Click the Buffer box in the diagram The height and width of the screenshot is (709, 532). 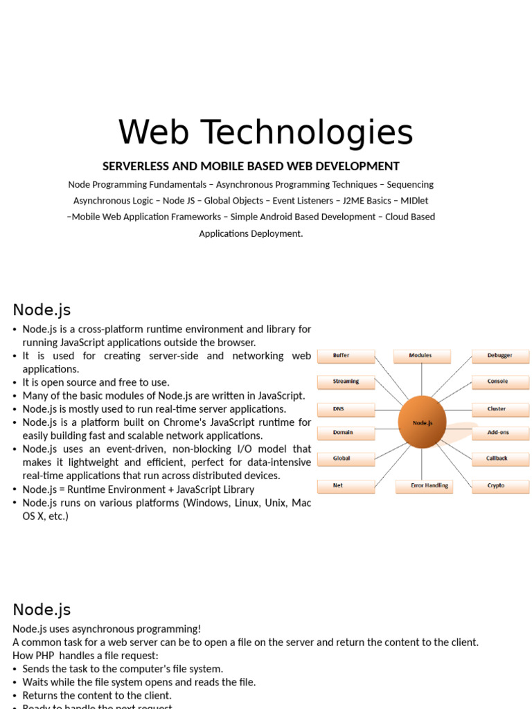click(x=346, y=356)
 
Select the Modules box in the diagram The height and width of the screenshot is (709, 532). click(x=422, y=356)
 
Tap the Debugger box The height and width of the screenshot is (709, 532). click(x=500, y=356)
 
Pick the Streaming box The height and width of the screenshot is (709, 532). click(x=346, y=382)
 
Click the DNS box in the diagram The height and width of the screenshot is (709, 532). click(x=346, y=409)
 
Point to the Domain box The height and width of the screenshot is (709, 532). click(x=346, y=433)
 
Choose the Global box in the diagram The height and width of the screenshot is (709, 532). click(x=346, y=458)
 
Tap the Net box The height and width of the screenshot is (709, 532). click(x=346, y=486)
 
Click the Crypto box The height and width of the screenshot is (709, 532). click(x=500, y=486)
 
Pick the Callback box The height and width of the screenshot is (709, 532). click(x=500, y=458)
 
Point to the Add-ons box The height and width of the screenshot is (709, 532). click(x=500, y=433)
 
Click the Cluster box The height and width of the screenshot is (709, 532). click(x=500, y=409)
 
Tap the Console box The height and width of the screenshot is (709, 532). click(x=500, y=382)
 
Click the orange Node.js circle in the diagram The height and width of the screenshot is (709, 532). click(x=422, y=422)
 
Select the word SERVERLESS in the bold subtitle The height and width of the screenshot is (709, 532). click(x=136, y=166)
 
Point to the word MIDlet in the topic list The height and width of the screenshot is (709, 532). click(x=414, y=201)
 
